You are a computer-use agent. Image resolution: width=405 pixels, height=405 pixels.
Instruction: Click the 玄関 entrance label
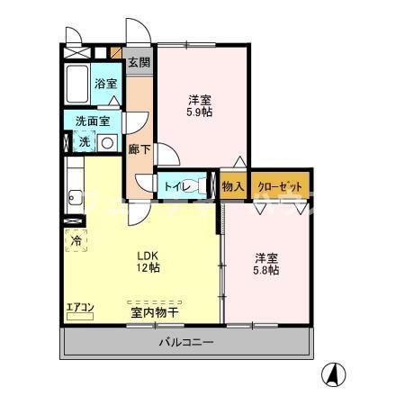coord(139,63)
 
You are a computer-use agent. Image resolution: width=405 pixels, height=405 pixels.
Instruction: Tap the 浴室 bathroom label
coord(106,84)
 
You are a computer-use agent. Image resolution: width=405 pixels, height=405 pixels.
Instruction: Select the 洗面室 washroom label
coord(93,121)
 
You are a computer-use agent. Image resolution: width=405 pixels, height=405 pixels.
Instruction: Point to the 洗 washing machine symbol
coord(84,141)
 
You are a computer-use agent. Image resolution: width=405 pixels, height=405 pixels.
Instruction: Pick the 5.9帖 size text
coord(200,113)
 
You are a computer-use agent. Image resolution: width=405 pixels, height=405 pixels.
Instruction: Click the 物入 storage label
coord(233,186)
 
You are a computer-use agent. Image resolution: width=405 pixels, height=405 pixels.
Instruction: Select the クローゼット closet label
coord(281,186)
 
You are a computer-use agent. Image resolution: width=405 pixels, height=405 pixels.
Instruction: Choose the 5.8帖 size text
coord(265,269)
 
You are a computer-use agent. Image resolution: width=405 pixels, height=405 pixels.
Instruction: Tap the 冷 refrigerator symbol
coord(77,240)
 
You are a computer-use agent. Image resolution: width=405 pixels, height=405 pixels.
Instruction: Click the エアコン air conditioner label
coord(80,309)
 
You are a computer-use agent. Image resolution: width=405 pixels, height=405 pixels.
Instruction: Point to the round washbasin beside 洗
coord(106,142)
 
